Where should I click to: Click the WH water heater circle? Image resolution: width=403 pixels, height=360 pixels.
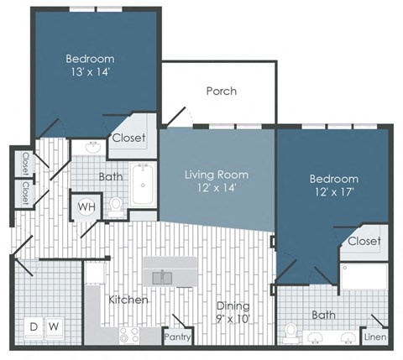point(86,207)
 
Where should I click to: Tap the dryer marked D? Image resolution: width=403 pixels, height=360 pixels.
point(34,327)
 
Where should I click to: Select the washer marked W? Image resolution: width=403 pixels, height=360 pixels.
point(55,327)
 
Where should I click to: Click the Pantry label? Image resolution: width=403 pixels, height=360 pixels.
point(177,337)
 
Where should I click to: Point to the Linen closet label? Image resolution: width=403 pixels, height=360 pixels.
point(375,337)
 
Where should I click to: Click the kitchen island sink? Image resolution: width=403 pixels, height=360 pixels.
point(162,278)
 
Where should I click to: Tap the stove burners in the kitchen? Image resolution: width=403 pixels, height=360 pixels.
point(129,336)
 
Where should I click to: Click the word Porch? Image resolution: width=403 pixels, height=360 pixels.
point(222,91)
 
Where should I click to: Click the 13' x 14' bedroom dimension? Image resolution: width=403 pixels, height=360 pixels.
point(90,72)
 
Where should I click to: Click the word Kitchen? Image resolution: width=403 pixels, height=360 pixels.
point(128,300)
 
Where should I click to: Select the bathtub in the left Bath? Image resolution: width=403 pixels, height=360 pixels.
point(143,185)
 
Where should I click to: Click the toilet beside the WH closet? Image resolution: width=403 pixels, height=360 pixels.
point(115,207)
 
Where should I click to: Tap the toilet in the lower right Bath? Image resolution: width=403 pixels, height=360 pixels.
point(290,333)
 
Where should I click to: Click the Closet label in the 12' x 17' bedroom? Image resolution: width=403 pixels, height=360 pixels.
point(364,241)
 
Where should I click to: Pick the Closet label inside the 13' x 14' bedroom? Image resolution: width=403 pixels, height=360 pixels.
point(128,138)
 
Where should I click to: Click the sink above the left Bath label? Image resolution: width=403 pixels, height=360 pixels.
point(93,147)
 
